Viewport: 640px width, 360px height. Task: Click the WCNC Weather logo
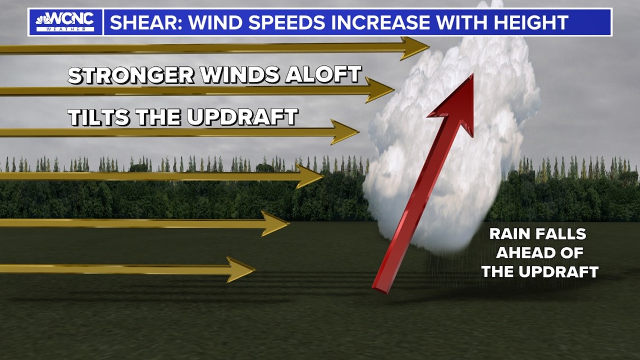pos(65,22)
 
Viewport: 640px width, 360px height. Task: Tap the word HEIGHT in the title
pos(531,22)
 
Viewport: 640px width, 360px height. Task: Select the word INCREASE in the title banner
pos(380,22)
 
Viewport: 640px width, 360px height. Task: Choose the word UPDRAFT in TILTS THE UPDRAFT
pos(243,117)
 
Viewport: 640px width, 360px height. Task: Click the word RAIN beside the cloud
pos(509,234)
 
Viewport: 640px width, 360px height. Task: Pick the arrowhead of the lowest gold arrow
pos(241,270)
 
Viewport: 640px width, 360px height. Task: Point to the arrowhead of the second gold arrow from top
pos(379,90)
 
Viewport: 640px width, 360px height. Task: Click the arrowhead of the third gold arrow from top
pos(345,132)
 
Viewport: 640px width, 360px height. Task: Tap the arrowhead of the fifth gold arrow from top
pos(275,224)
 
